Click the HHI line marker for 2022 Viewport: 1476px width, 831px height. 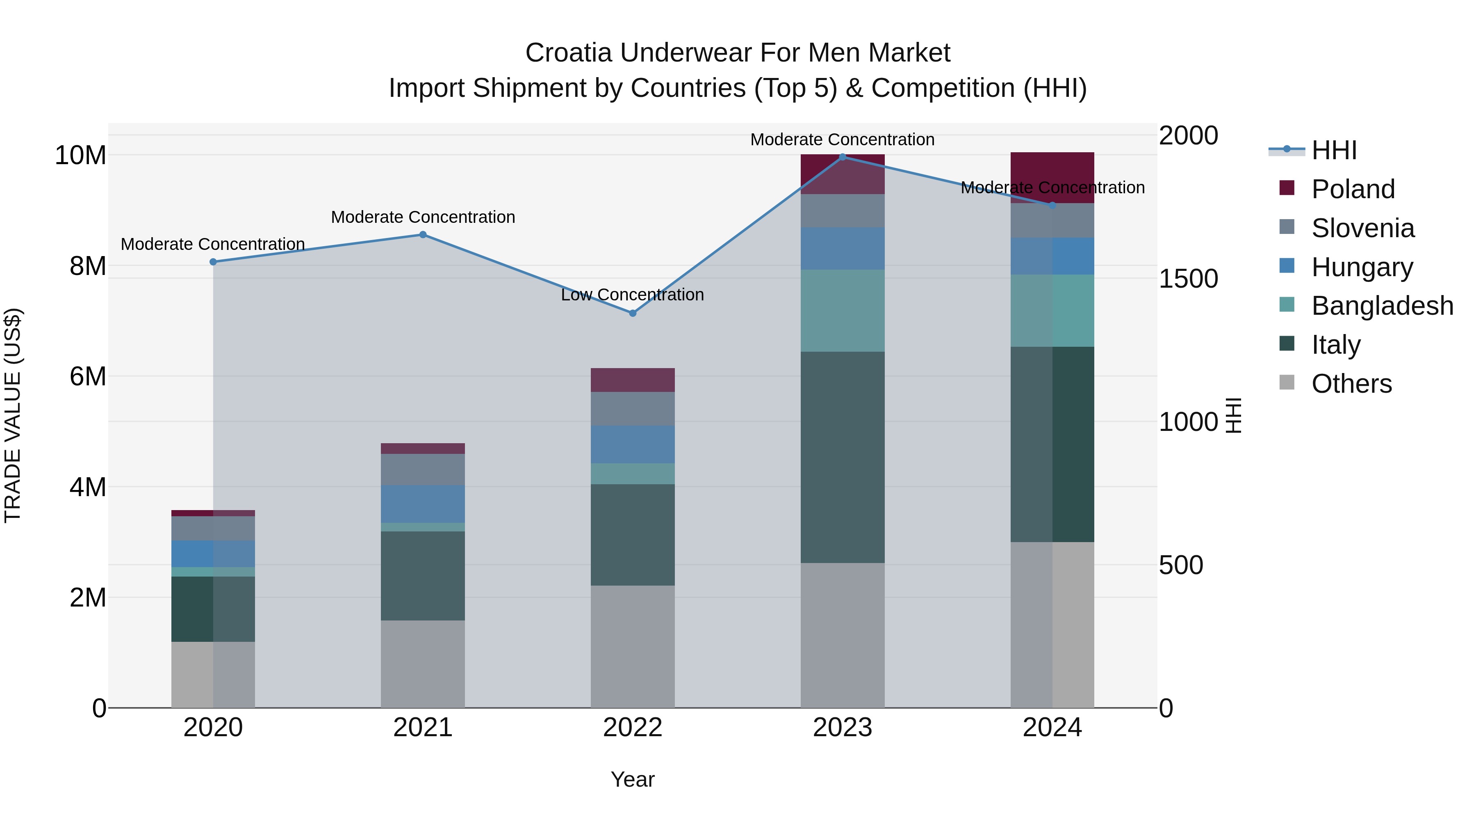point(633,313)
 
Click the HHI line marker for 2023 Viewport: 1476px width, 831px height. point(842,157)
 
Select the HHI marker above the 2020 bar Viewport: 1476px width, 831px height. point(213,262)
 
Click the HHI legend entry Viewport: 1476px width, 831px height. point(1333,150)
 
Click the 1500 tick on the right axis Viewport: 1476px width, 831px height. point(1188,279)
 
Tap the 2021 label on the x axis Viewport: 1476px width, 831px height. point(423,728)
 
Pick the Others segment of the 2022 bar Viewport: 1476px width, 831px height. point(633,646)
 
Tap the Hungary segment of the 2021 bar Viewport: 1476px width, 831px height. point(423,504)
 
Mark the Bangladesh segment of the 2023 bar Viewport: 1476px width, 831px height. point(842,310)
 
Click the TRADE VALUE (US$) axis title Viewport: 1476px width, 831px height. point(13,415)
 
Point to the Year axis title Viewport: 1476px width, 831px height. point(633,779)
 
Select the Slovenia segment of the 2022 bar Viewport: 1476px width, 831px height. point(633,408)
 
